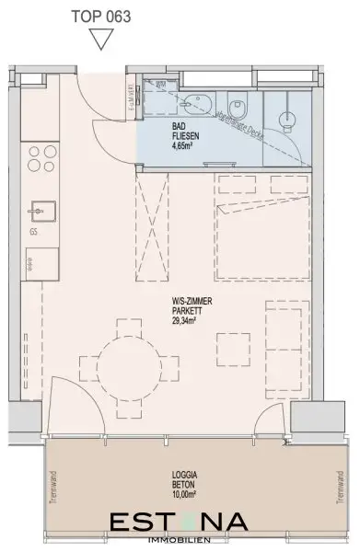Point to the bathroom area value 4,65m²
pyautogui.click(x=184, y=144)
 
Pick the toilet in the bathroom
pyautogui.click(x=236, y=104)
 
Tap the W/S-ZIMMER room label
pyautogui.click(x=184, y=298)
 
